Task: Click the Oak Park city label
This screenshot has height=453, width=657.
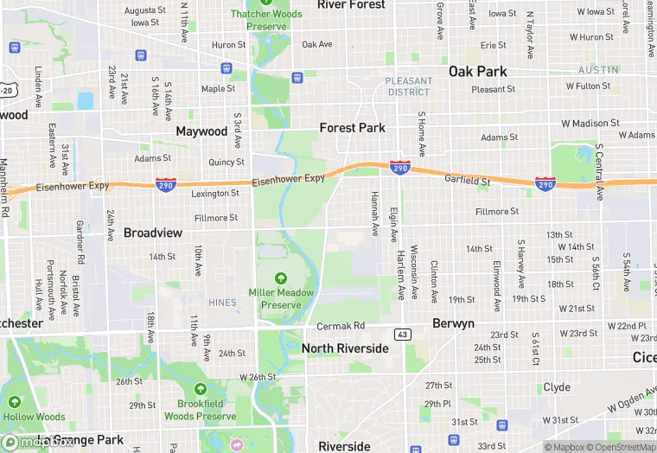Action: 478,71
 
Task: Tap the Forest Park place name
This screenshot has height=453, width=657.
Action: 352,127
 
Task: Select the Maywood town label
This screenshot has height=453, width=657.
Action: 201,131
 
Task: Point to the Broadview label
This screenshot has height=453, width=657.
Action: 153,233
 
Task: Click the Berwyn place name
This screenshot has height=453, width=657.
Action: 453,323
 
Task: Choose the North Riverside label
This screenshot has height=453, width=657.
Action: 345,348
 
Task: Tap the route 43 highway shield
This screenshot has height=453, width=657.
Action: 402,334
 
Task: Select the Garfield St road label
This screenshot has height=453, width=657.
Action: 468,182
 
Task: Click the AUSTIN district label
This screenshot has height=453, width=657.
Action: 598,69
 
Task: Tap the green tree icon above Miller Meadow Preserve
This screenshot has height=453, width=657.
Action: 280,278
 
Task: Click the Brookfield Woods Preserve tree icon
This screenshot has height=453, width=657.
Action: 201,389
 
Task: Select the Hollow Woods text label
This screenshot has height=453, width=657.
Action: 34,417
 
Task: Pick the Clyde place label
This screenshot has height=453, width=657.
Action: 556,387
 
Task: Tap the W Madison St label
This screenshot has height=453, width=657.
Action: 590,124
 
